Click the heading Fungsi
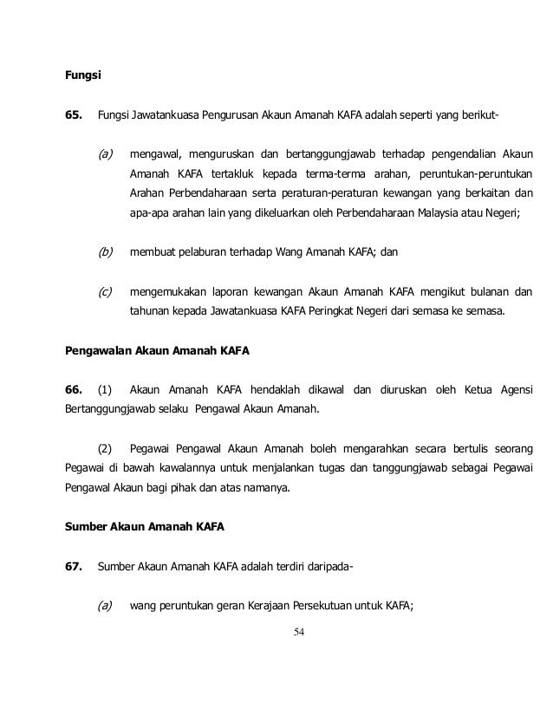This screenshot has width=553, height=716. tap(83, 75)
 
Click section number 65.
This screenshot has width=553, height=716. tap(75, 115)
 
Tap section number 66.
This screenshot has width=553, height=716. tap(75, 387)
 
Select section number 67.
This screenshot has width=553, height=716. tap(75, 568)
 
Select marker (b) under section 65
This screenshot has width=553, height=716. tap(106, 253)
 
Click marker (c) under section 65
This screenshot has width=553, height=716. tap(106, 293)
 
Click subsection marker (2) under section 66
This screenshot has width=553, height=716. tap(106, 450)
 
